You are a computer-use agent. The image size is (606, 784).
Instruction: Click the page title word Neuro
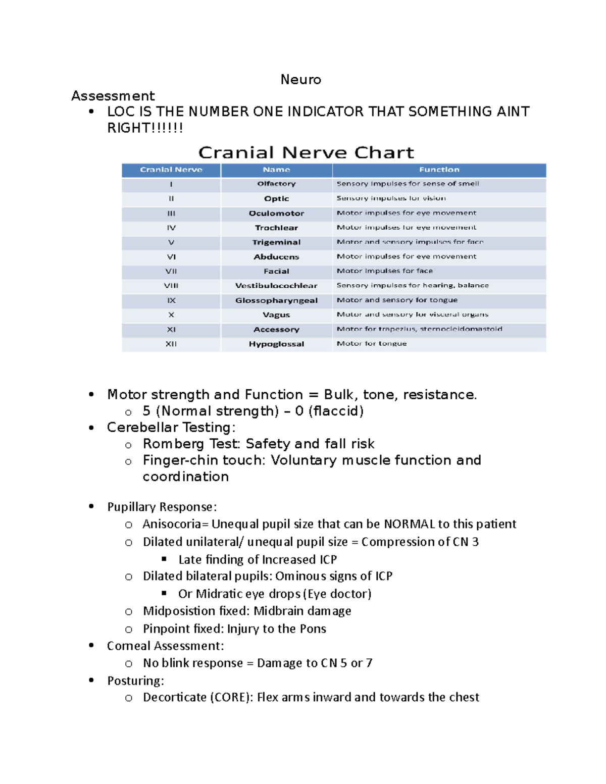click(300, 80)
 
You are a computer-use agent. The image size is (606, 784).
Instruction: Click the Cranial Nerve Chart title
click(306, 152)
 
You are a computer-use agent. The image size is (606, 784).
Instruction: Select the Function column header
click(439, 170)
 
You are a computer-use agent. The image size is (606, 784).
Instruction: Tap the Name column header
click(276, 170)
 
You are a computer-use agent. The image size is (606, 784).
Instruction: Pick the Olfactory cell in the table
click(276, 184)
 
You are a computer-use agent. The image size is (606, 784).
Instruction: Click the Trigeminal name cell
click(276, 242)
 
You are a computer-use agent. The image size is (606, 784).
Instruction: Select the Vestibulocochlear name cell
click(276, 286)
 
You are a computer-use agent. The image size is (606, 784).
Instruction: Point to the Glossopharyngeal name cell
click(276, 300)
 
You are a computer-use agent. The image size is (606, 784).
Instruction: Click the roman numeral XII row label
click(171, 344)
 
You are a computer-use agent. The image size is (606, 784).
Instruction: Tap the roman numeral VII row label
click(171, 271)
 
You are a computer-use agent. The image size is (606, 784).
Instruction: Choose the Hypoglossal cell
click(276, 344)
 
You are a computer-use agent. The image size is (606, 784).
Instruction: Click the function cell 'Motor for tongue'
click(372, 344)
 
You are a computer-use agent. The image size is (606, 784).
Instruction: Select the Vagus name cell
click(276, 315)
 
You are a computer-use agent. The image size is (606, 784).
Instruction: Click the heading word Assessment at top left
click(113, 96)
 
